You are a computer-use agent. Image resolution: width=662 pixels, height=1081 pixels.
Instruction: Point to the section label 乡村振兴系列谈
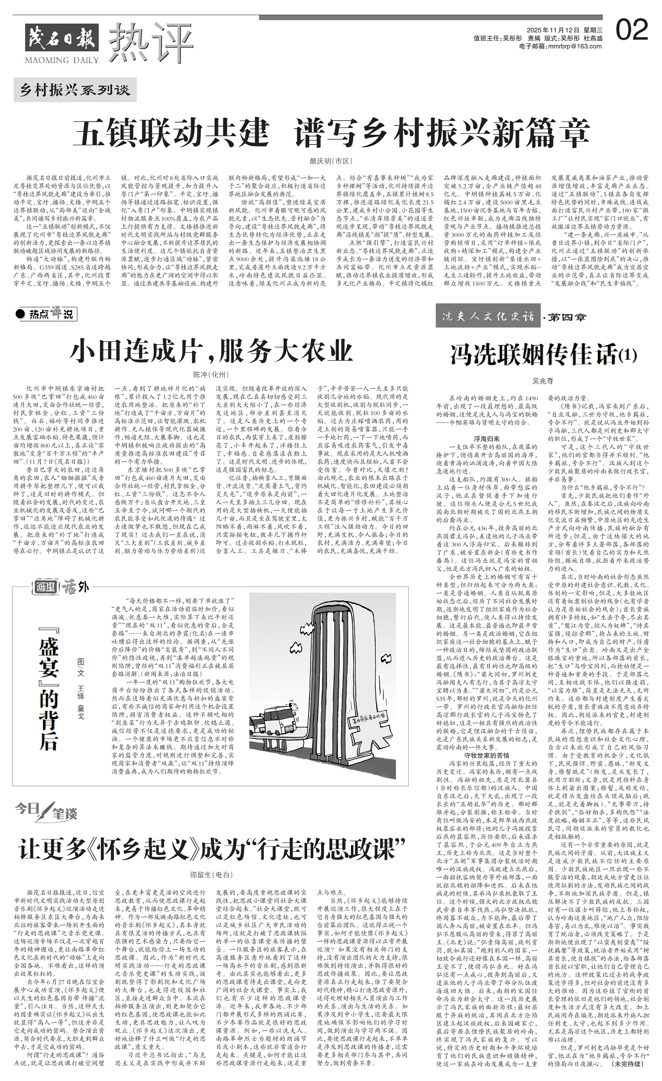tap(75, 90)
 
